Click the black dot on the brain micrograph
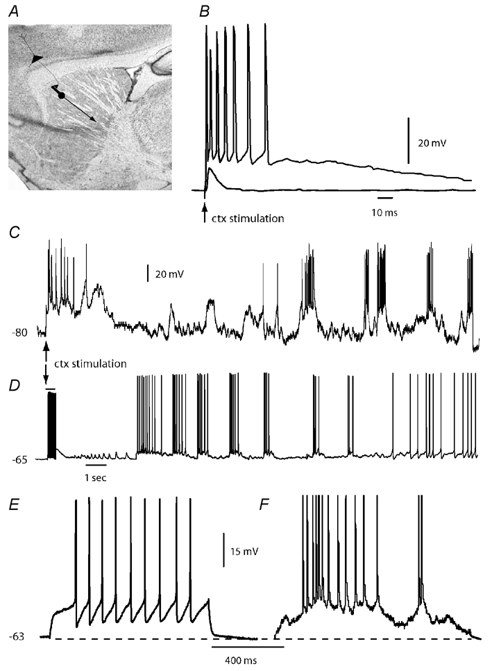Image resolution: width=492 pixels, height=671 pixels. click(62, 95)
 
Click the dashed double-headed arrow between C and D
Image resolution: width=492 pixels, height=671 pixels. click(46, 362)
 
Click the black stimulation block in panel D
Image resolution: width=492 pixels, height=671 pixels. click(51, 425)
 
